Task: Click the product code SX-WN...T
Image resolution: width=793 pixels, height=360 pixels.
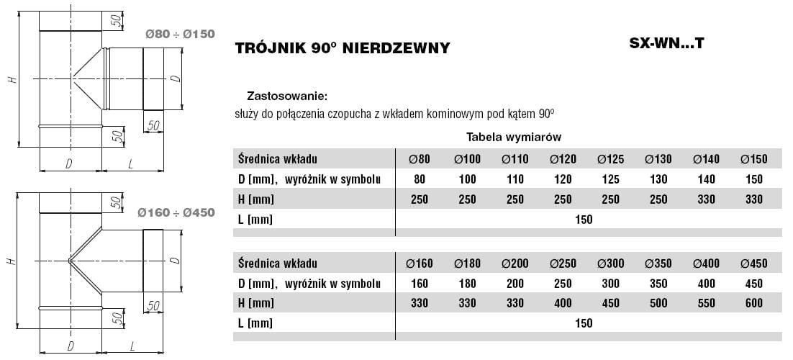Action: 666,42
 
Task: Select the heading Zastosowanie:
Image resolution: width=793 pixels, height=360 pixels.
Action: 287,95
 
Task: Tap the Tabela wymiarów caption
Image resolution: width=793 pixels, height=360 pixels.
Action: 513,136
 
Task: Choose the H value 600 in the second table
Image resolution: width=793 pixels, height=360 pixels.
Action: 753,303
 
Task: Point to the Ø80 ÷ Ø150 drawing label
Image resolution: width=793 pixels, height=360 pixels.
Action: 180,33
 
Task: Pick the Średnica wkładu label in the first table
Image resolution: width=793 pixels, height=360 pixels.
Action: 276,158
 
